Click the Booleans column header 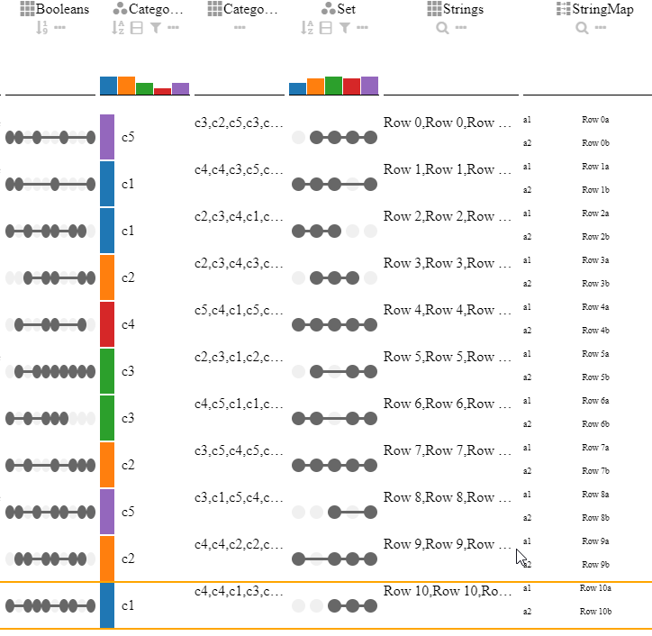click(62, 9)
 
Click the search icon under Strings click(442, 28)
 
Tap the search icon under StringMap click(582, 28)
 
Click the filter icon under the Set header click(344, 28)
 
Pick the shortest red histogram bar click(162, 91)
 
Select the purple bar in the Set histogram click(369, 86)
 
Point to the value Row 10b click(595, 612)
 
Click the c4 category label click(128, 324)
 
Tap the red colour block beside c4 click(107, 324)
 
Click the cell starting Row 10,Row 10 click(443, 591)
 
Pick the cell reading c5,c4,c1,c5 click(239, 310)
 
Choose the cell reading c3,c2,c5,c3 click(239, 123)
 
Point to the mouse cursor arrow click(521, 557)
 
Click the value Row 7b click(595, 471)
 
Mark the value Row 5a click(595, 354)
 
